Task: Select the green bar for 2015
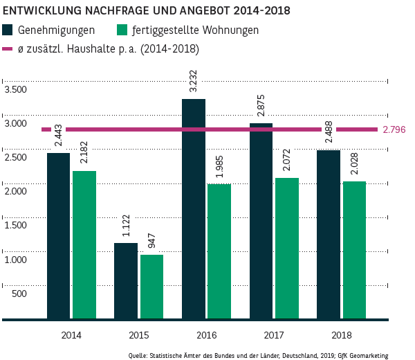pos(151,287)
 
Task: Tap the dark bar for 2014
pos(58,236)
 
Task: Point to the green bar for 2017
pos(286,249)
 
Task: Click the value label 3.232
pos(193,82)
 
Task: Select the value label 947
pos(151,241)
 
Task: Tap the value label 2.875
pos(261,107)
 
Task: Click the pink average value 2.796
pos(394,129)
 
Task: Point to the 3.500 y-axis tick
pos(15,90)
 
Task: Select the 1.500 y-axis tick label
pos(15,226)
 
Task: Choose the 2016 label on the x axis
pos(207,335)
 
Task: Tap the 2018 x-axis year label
pos(342,335)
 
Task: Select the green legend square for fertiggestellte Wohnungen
pos(123,30)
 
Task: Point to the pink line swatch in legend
pos(8,49)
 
